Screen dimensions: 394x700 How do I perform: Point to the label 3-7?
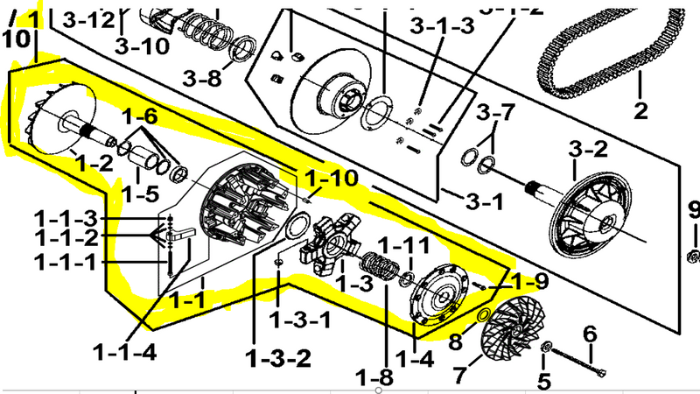494,114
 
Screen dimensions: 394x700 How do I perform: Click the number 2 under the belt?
640,112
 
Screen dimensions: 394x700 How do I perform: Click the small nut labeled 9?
692,255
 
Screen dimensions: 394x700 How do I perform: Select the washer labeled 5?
546,348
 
